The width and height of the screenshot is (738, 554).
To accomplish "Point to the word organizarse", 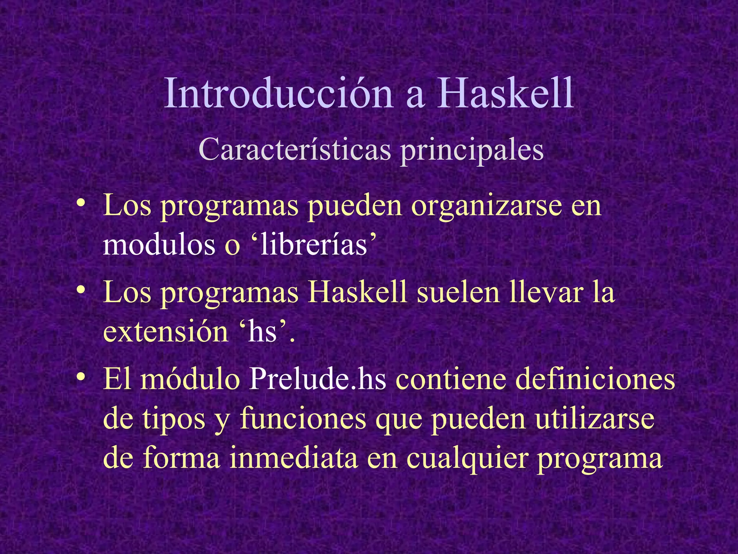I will coord(486,207).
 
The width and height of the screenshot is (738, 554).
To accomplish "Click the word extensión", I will coord(165,332).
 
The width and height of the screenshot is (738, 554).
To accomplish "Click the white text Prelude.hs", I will coord(317,379).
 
